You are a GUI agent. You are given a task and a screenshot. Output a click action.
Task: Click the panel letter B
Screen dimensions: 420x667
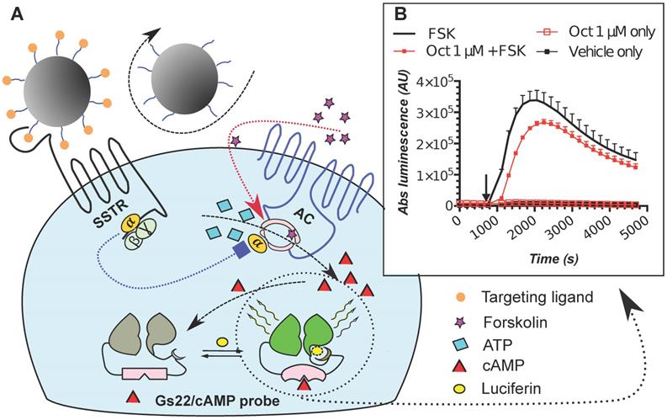(400, 16)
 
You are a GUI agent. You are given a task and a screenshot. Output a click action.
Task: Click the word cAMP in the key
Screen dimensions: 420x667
(503, 366)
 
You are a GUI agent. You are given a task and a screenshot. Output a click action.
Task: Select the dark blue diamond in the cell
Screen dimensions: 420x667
(243, 248)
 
